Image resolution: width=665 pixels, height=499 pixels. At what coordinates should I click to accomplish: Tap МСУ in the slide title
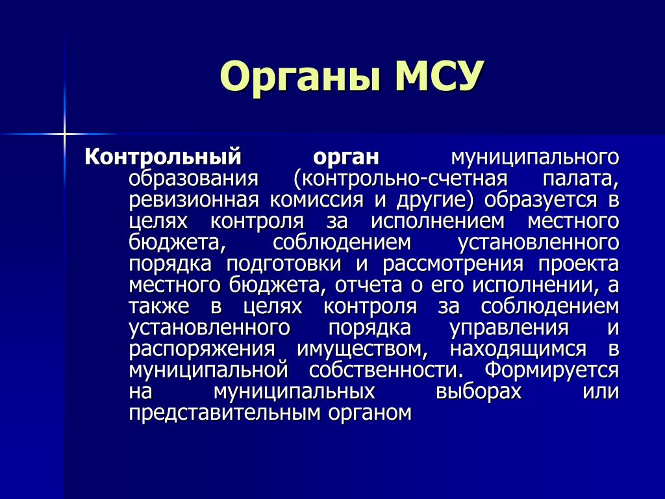pyautogui.click(x=440, y=76)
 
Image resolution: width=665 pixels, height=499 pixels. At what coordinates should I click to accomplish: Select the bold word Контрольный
pyautogui.click(x=163, y=157)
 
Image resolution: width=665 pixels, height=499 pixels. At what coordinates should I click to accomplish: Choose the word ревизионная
pyautogui.click(x=194, y=200)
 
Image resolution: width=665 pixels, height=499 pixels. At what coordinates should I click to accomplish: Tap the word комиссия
pyautogui.click(x=316, y=200)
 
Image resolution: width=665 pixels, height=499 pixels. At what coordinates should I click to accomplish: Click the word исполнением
pyautogui.click(x=438, y=222)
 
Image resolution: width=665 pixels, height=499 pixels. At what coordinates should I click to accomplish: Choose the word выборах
pyautogui.click(x=479, y=391)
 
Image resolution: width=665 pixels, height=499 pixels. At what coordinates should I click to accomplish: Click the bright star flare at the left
pyautogui.click(x=64, y=134)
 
